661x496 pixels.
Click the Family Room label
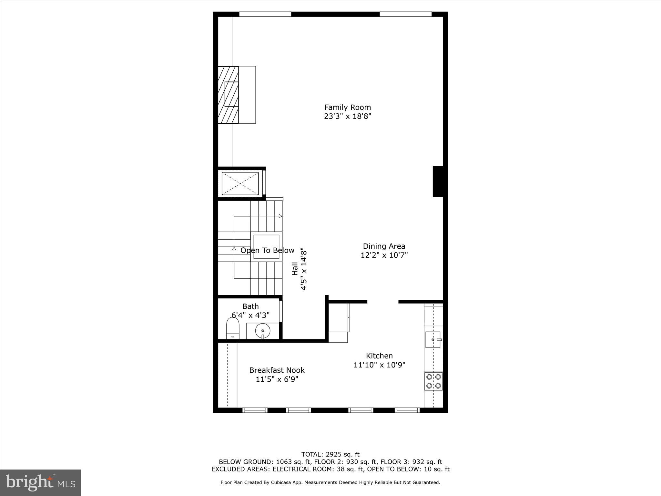(x=347, y=107)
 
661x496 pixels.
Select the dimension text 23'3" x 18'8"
(x=347, y=116)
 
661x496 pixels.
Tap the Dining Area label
(x=384, y=246)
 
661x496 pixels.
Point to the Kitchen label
(x=379, y=356)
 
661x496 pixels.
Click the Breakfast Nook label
(x=277, y=370)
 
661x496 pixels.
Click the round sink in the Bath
(x=262, y=331)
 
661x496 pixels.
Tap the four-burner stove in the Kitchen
(x=433, y=381)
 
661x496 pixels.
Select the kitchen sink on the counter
(x=433, y=340)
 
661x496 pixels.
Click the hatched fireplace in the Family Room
(x=229, y=95)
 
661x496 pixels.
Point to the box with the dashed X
(x=240, y=184)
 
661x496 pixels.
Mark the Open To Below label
(x=267, y=251)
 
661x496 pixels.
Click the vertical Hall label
(x=295, y=269)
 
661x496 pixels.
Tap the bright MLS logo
(x=40, y=482)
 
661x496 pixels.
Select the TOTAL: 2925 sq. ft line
(x=330, y=455)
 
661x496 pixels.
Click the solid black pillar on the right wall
(x=438, y=181)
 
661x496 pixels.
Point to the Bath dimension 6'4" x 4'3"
(x=250, y=315)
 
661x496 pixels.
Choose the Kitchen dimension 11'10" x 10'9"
(x=379, y=365)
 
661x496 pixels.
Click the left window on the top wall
(x=265, y=14)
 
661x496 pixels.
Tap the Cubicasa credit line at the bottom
(x=330, y=482)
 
